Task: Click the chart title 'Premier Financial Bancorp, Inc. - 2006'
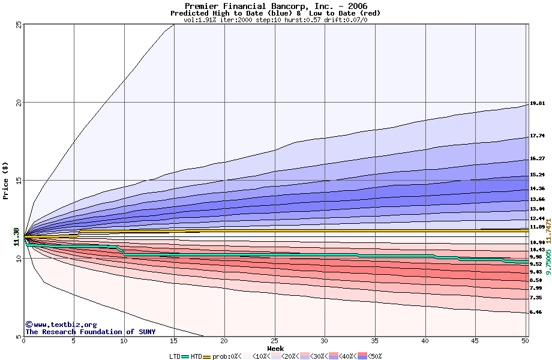(275, 6)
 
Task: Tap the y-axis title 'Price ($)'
(5, 181)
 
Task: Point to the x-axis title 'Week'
(275, 348)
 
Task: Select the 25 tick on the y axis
(19, 25)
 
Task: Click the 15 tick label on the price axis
(19, 181)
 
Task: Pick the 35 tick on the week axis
(375, 341)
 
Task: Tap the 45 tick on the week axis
(475, 341)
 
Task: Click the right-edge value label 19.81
(537, 103)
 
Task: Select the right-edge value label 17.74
(537, 136)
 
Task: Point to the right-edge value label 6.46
(537, 312)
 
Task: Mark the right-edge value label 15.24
(537, 175)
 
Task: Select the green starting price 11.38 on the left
(16, 237)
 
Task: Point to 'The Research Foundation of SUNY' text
(90, 332)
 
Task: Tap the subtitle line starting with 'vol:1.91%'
(275, 19)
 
